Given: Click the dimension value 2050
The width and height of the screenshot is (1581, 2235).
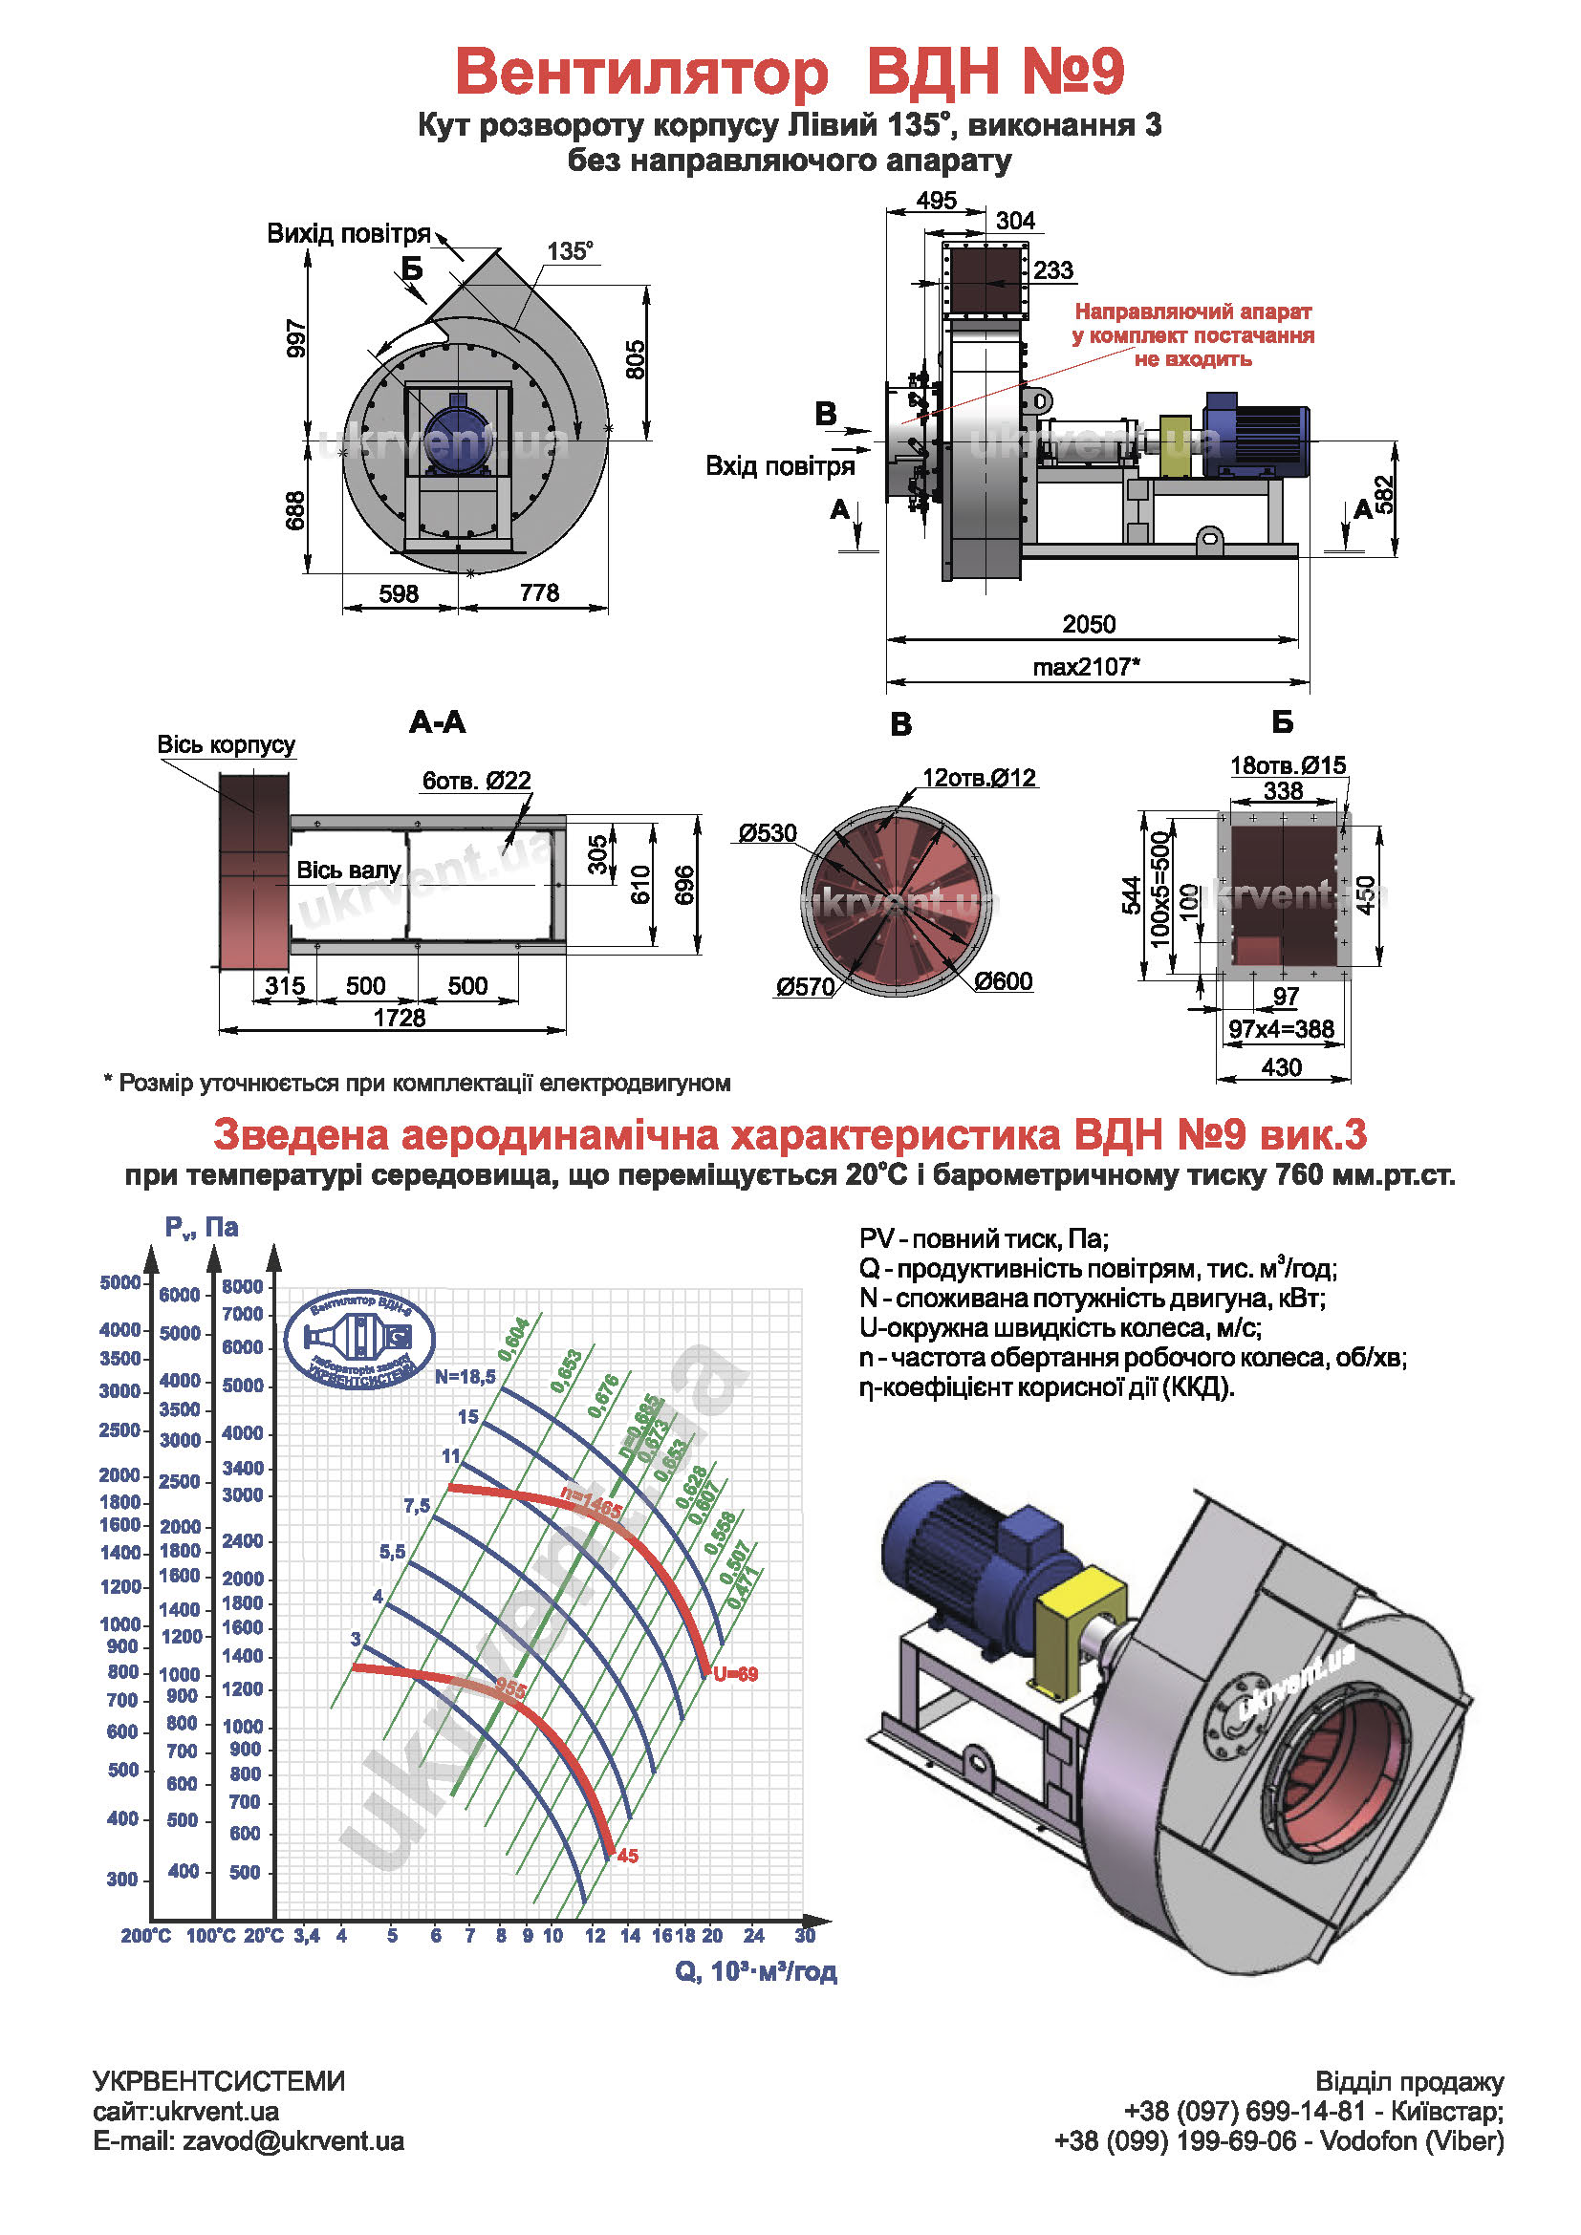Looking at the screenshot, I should click(1089, 624).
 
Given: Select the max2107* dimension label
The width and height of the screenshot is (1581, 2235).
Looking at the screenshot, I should click(1086, 667).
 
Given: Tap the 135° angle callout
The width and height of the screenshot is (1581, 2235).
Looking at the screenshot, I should click(570, 251).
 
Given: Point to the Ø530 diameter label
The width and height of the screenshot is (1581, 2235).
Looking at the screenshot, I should click(768, 833).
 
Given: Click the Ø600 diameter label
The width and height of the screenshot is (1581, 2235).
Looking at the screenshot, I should click(1003, 981).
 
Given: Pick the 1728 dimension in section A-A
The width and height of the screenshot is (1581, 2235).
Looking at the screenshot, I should click(400, 1018).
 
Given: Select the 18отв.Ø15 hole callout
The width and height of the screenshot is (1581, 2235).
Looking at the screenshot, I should click(1287, 765).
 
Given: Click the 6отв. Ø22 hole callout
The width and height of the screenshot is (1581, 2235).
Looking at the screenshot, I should click(476, 780).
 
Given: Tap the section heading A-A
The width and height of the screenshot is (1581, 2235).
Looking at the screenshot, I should click(437, 722).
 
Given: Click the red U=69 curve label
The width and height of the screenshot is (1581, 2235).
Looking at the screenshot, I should click(735, 1674).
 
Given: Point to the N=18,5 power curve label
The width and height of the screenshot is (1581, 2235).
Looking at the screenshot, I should click(465, 1376).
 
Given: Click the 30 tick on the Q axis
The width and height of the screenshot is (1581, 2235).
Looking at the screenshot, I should click(804, 1935).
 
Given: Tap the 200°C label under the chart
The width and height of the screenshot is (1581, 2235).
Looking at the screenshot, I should click(145, 1936).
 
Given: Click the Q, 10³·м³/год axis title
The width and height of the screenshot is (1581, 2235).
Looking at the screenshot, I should click(755, 1971).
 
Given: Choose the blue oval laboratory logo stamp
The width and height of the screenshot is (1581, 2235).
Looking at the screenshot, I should click(359, 1340).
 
